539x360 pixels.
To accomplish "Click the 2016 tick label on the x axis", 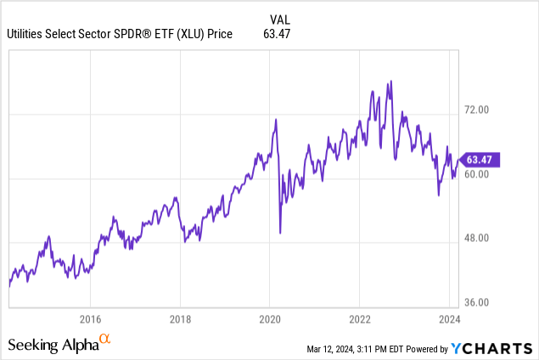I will click(x=90, y=319).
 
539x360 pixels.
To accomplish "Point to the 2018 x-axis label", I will click(x=180, y=319).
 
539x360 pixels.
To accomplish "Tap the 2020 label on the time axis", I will click(x=269, y=319).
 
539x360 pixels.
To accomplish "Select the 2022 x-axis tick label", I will click(x=359, y=319).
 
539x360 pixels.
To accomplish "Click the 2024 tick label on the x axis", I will click(x=449, y=319).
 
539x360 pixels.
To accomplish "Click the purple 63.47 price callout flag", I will click(x=482, y=160).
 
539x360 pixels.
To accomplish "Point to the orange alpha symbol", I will click(x=105, y=340).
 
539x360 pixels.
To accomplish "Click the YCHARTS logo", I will click(x=493, y=347).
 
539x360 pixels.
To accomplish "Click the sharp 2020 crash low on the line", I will click(x=280, y=232).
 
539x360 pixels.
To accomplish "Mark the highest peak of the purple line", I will click(x=390, y=82).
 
